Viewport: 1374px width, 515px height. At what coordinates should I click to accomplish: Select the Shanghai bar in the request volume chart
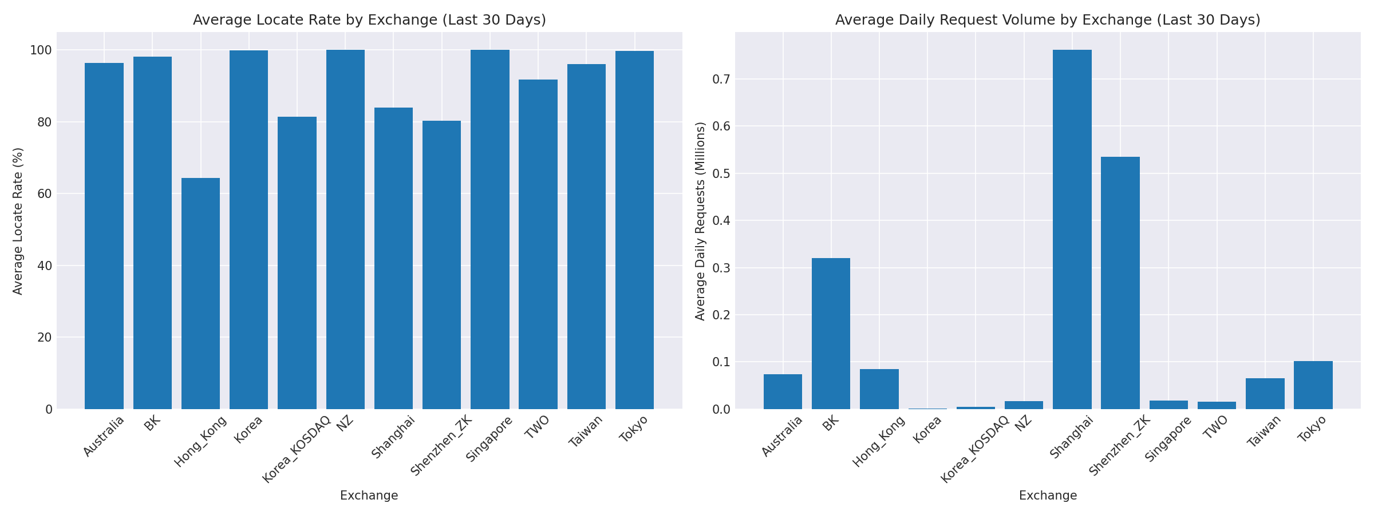(x=1072, y=229)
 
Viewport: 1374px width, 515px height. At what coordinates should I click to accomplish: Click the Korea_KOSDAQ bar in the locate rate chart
(x=297, y=263)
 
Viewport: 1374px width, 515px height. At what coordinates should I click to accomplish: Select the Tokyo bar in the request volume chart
(x=1313, y=385)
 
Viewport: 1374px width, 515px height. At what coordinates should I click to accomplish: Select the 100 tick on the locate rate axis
(x=41, y=50)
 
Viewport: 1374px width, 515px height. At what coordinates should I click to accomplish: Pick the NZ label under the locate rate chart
(x=345, y=424)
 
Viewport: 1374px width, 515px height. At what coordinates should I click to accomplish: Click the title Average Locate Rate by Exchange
(x=369, y=20)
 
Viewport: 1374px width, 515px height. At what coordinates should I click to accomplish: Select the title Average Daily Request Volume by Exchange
(x=1048, y=20)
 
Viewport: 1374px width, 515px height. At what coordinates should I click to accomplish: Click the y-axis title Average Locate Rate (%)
(x=18, y=221)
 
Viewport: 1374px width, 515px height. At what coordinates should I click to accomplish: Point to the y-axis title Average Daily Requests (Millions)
(x=700, y=221)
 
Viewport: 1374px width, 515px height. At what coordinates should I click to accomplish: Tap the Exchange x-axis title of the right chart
(x=1048, y=496)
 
